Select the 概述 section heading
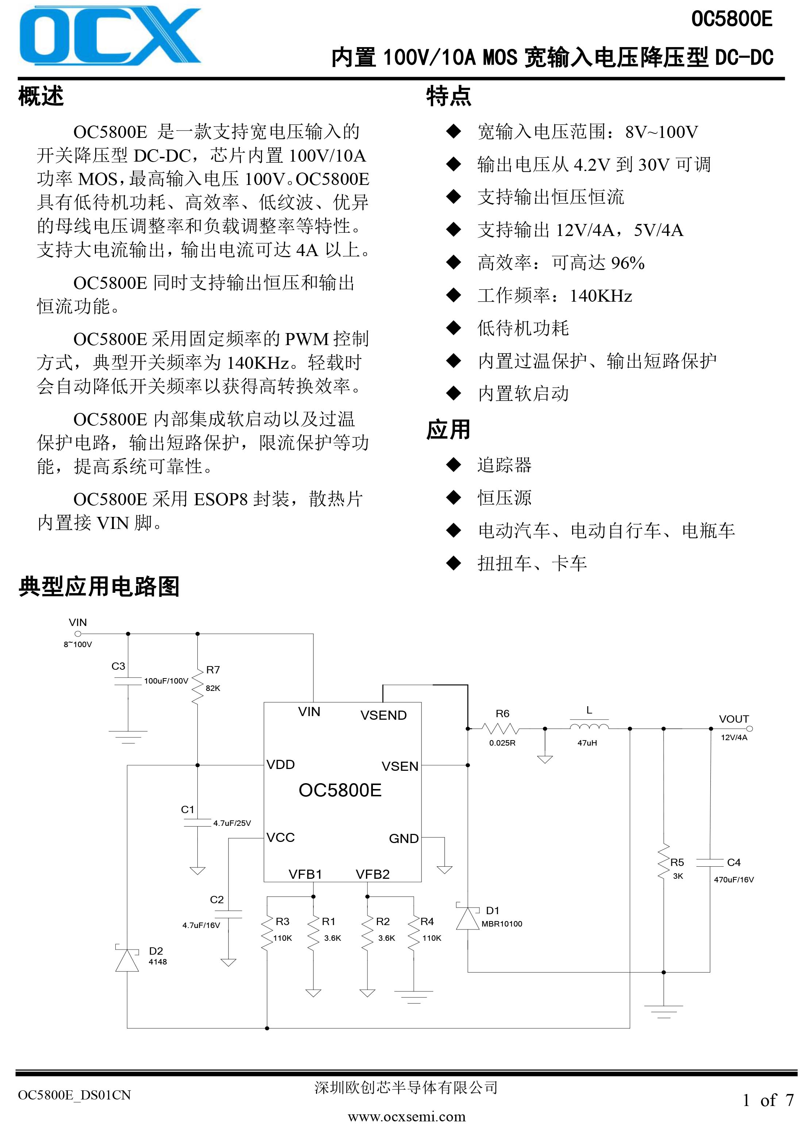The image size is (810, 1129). point(41,96)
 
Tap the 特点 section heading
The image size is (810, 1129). point(448,96)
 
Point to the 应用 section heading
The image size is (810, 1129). point(448,430)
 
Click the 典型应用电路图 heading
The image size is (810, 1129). point(99,587)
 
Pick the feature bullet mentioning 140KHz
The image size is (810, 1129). point(555,296)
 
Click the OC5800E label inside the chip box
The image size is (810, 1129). point(340,790)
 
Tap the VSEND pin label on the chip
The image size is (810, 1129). point(383,715)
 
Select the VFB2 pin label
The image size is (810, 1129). point(373,874)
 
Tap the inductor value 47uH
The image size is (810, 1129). point(587,743)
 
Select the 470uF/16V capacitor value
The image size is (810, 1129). point(734,879)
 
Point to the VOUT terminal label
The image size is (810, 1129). point(734,719)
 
